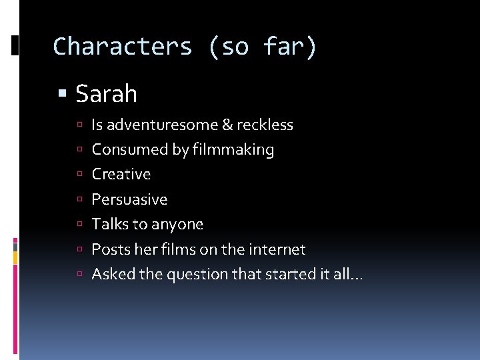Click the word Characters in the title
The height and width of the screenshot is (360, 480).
tap(123, 47)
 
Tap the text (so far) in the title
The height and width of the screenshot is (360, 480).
tap(263, 47)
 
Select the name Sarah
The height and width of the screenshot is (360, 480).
tap(107, 94)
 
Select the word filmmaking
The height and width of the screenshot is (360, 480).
tap(233, 149)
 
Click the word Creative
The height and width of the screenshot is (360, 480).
tap(121, 174)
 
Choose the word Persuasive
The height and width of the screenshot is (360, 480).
tap(129, 199)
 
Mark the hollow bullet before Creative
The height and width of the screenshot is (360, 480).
tap(79, 175)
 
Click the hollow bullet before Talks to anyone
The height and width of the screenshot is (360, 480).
tap(79, 225)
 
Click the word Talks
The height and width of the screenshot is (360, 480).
tap(109, 224)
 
